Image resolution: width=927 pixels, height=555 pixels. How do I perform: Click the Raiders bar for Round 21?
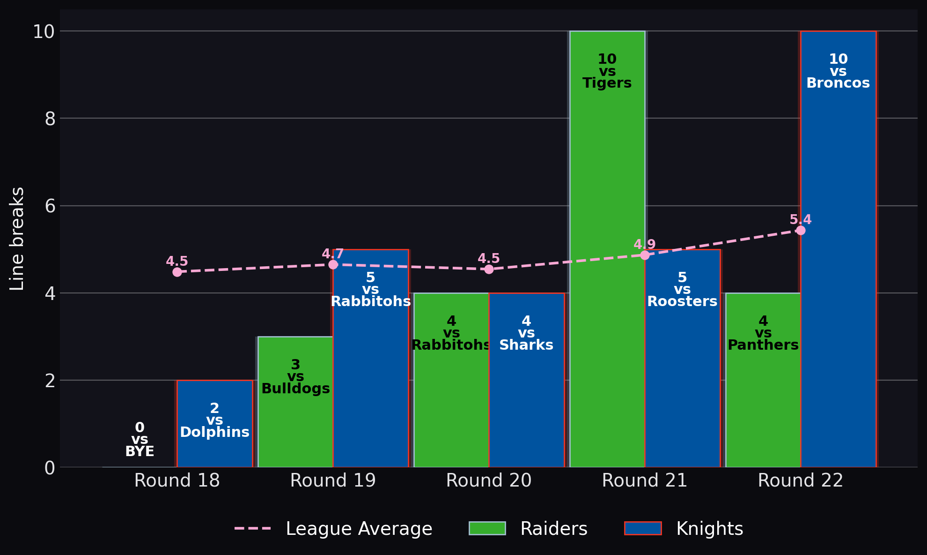pos(607,249)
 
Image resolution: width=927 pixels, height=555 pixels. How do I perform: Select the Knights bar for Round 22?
pos(838,249)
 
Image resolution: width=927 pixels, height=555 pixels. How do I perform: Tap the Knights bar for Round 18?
pos(214,424)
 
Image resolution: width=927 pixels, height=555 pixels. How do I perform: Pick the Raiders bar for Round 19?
pos(295,402)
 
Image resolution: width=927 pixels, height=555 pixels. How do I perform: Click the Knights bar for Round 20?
pos(526,380)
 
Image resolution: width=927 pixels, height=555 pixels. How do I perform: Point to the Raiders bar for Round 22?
pos(763,380)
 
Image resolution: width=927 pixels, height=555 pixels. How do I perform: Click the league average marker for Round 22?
pos(801,230)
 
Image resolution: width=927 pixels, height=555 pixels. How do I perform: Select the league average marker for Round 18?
pos(177,272)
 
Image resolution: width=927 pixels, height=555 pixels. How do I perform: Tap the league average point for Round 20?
pos(489,269)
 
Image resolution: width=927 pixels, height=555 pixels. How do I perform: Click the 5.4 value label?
pos(801,219)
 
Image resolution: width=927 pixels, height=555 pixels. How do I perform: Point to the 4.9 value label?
pos(645,244)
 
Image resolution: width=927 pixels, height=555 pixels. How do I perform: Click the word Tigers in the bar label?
pos(607,83)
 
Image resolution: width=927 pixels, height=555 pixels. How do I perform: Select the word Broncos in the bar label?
pos(838,83)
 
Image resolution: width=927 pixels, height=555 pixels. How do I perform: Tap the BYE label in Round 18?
pos(140,451)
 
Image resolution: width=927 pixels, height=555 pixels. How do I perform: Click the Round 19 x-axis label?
pos(333,480)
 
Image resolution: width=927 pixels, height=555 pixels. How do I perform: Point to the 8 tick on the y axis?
pos(50,119)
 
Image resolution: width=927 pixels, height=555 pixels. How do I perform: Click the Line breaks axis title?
pos(17,239)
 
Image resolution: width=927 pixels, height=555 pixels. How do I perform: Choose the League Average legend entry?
pos(333,529)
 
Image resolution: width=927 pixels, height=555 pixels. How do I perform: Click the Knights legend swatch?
pos(643,528)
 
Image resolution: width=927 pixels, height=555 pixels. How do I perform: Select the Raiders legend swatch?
pos(487,528)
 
